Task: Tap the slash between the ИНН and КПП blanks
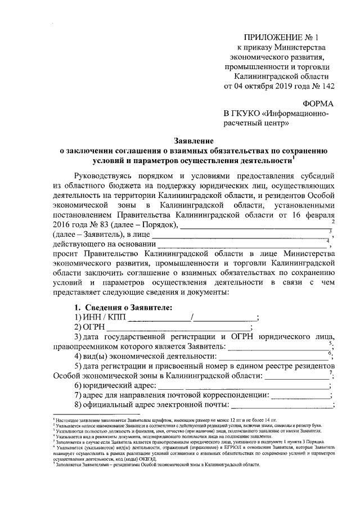click(192, 318)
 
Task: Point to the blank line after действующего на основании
click(242, 245)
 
